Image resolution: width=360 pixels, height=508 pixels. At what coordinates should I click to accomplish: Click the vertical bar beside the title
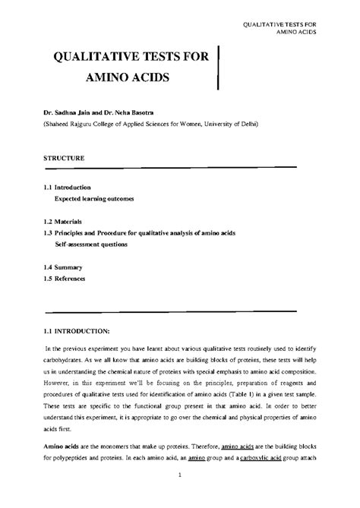click(219, 68)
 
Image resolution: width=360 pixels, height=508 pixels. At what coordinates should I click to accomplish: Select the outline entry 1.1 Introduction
click(68, 187)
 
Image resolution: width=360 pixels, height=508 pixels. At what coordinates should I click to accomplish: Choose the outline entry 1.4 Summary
click(62, 268)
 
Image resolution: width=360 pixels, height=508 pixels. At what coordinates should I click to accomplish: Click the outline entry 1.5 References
click(65, 279)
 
